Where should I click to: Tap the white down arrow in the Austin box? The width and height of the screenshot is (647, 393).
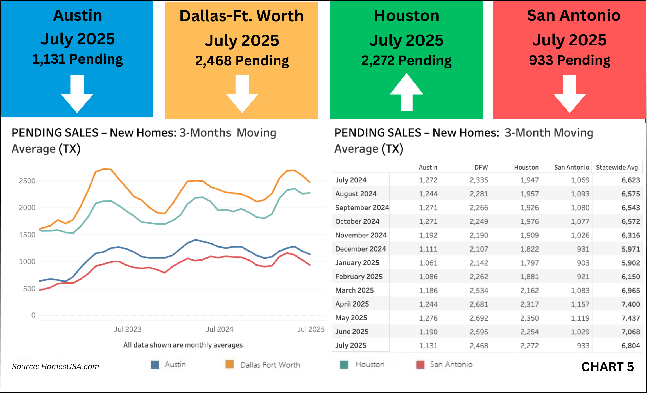coord(77,94)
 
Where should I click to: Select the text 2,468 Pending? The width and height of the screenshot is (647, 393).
coord(242,61)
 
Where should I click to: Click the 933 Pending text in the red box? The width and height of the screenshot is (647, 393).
coord(569,60)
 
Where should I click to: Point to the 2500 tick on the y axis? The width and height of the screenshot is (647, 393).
coord(27,181)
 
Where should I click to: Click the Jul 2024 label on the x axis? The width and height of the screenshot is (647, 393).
coord(220,329)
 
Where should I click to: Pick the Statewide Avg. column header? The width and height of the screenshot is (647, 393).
coord(617,168)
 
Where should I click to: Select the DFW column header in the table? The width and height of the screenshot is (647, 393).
coord(481,168)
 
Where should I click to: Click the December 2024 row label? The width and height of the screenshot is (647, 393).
coord(360,249)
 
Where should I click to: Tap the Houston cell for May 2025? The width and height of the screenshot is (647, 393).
coord(529,318)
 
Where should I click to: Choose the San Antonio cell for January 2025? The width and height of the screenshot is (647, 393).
coord(583,263)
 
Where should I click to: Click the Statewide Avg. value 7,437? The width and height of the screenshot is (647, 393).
coord(630,318)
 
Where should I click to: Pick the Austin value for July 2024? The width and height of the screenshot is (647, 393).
coord(428,180)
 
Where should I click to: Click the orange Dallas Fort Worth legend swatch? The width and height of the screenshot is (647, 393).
coord(230,364)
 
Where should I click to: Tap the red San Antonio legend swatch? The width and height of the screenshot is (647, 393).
coord(420,365)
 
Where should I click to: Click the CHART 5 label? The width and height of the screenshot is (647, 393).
coord(607,367)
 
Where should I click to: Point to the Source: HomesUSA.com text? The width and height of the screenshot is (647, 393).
coord(55,367)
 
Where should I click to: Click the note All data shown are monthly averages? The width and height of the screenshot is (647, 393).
coord(183,345)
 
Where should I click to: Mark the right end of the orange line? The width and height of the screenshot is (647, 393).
coord(310,182)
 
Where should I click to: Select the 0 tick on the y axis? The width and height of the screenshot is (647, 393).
coord(33,315)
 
